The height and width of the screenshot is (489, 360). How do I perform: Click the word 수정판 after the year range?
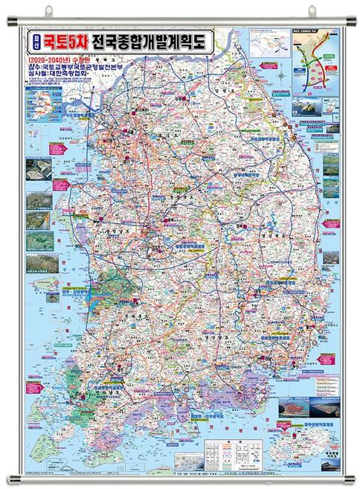[87, 57]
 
